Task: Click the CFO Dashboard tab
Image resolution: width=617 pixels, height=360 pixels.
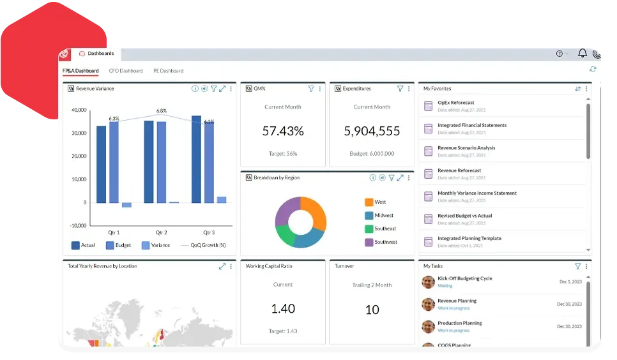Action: [x=126, y=71]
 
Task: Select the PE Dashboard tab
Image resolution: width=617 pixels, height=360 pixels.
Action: [x=168, y=71]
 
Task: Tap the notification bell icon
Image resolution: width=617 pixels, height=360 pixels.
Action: [x=582, y=54]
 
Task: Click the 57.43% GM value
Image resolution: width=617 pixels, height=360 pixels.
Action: [x=283, y=131]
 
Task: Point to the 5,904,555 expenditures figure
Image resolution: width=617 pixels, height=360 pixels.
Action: [x=372, y=131]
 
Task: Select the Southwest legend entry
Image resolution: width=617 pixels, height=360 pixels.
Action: [x=386, y=242]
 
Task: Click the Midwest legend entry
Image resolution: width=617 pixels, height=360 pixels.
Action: [x=384, y=215]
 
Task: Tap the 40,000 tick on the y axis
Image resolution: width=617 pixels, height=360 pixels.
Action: [x=79, y=110]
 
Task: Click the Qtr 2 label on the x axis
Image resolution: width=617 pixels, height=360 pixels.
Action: [x=161, y=232]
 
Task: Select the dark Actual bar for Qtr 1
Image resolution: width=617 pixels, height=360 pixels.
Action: [x=102, y=164]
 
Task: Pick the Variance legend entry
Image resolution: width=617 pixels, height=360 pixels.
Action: [x=160, y=245]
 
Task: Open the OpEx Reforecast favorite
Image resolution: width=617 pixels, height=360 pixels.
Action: [x=455, y=103]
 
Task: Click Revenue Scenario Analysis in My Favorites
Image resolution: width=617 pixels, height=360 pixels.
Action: [x=466, y=147]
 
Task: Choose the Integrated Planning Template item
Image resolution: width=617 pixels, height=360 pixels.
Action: [x=469, y=238]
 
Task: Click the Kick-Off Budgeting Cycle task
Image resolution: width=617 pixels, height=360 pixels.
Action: [x=464, y=278]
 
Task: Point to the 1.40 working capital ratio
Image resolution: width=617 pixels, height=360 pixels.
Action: [x=283, y=308]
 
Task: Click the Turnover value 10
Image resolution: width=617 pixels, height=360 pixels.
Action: [x=372, y=310]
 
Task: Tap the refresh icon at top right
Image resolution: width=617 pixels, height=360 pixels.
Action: [x=593, y=69]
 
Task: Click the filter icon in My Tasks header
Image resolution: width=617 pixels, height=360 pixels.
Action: [x=577, y=266]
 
